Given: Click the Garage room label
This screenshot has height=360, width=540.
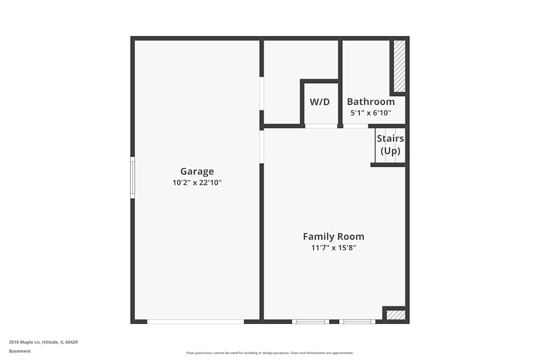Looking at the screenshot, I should [x=197, y=172].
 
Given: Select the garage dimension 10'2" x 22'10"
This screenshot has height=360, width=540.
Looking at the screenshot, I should [x=197, y=183].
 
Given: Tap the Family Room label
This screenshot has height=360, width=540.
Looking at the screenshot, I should [x=333, y=236].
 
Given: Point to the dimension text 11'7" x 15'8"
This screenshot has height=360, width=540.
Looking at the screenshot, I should [x=333, y=248].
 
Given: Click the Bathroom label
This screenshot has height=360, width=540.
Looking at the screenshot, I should [x=370, y=101].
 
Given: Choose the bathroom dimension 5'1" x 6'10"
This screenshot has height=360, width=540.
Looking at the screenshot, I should [x=370, y=113].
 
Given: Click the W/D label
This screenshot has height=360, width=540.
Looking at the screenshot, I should [x=320, y=101].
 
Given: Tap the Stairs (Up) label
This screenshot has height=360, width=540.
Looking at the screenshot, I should [x=390, y=145].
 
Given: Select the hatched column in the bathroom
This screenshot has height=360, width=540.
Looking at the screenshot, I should [x=399, y=66].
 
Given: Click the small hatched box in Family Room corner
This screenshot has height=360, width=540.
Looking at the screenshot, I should [x=396, y=315].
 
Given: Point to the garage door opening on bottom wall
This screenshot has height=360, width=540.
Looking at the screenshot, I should [x=195, y=322].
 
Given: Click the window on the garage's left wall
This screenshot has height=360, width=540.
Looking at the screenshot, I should [x=132, y=178].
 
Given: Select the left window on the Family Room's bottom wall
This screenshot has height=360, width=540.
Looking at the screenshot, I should [x=310, y=322].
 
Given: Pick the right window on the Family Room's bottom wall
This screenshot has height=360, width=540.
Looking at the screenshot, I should [x=357, y=322].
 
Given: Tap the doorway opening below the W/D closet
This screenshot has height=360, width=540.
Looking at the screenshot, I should [x=321, y=126].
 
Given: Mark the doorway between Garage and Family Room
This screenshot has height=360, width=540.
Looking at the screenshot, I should [x=261, y=146].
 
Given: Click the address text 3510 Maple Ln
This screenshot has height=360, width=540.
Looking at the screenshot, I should [x=43, y=342].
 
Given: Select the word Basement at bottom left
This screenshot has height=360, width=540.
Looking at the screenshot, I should [x=20, y=351].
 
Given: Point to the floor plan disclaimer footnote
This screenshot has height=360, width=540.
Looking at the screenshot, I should [x=269, y=352].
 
